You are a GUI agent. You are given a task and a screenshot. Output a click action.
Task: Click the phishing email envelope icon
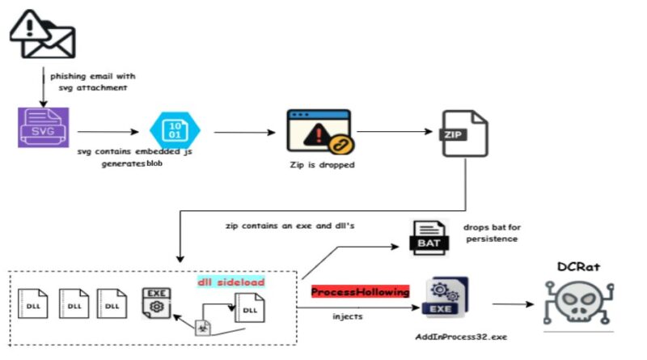click(x=43, y=35)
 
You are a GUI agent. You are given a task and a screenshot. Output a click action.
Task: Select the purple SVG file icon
click(x=44, y=128)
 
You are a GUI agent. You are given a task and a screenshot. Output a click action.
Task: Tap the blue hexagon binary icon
click(x=175, y=130)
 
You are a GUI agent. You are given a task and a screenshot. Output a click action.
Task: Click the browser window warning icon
click(x=320, y=132)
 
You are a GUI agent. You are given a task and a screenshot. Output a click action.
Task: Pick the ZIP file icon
click(x=464, y=133)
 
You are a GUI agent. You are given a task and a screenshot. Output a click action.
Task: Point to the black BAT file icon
click(x=429, y=238)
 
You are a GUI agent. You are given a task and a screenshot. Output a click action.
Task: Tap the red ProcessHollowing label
click(x=360, y=292)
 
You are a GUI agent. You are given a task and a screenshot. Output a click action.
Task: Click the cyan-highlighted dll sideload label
click(x=231, y=282)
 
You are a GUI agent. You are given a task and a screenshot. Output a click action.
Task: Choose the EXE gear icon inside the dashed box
click(x=156, y=303)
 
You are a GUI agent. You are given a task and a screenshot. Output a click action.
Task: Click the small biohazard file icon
click(x=203, y=328)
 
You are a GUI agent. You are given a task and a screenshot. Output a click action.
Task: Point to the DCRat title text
click(x=578, y=267)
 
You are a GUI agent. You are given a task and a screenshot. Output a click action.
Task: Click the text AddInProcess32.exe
click(x=461, y=337)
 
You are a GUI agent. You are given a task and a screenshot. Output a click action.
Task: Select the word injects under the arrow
click(x=348, y=316)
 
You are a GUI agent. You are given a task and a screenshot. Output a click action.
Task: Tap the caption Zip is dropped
click(x=322, y=165)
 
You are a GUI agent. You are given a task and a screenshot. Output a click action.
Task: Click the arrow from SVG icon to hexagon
click(x=108, y=132)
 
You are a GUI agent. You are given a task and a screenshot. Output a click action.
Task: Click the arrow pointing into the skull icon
click(x=514, y=304)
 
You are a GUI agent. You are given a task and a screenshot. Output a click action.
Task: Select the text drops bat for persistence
click(x=492, y=233)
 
